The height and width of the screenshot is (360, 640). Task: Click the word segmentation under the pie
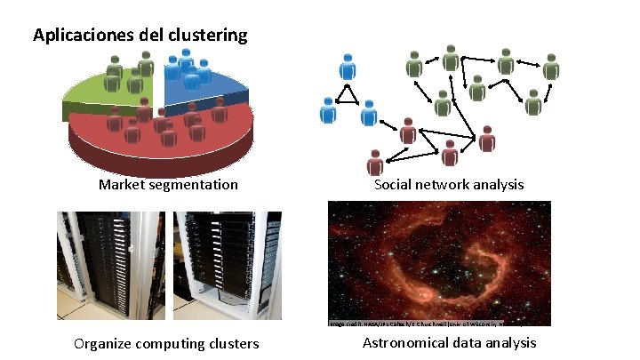(195, 185)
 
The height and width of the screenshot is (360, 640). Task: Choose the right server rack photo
(226, 265)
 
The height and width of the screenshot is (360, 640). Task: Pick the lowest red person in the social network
(376, 163)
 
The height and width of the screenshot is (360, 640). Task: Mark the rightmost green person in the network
(551, 69)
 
